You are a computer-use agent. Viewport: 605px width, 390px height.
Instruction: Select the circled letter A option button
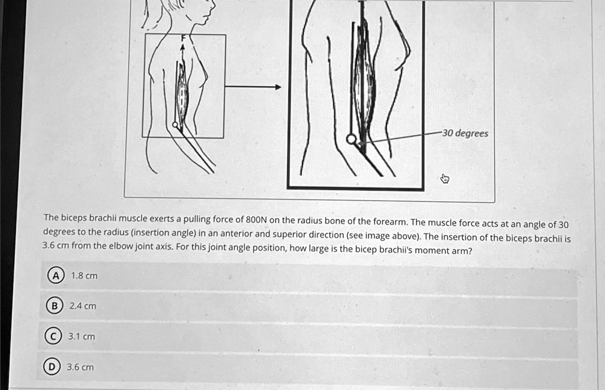[54, 276]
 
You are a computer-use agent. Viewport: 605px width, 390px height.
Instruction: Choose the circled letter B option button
[54, 306]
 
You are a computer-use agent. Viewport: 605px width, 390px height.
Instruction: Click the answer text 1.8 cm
[84, 276]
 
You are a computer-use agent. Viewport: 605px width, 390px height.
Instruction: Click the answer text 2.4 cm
[82, 306]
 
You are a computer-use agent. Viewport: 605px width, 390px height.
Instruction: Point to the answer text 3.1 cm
[82, 337]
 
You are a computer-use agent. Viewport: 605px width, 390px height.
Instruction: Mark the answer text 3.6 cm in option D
[80, 367]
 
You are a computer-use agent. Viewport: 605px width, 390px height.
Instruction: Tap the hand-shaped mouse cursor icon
[445, 178]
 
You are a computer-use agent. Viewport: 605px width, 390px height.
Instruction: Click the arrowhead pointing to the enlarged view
[277, 87]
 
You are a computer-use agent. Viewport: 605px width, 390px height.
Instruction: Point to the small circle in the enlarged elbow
[351, 139]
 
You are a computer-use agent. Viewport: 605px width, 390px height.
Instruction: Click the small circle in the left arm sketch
[175, 124]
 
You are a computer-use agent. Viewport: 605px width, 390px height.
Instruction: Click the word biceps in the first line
[73, 218]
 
